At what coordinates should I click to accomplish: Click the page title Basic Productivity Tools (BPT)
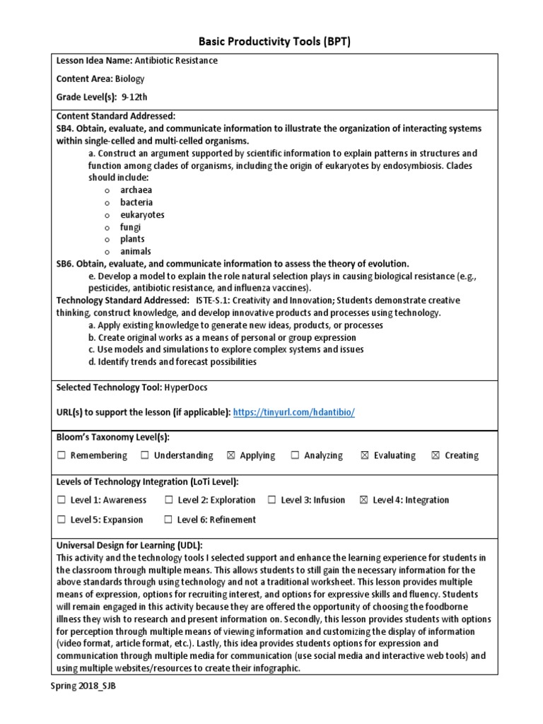coord(271,42)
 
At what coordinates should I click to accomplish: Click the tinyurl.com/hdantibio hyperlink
coord(293,412)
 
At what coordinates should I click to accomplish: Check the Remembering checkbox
coord(62,456)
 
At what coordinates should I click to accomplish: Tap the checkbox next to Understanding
coord(145,456)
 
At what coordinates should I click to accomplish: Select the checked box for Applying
coord(231,456)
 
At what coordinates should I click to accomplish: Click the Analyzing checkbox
coord(295,456)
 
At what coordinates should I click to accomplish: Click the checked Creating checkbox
coord(436,456)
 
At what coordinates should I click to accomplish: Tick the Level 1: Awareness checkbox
coord(62,501)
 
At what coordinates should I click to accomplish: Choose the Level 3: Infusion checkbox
coord(271,501)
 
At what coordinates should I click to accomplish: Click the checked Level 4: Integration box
coord(364,501)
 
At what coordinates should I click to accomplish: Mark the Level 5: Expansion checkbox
coord(62,520)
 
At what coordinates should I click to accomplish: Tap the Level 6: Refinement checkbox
coord(168,520)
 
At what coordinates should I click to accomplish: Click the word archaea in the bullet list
coord(136,190)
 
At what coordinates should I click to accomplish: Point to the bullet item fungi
coord(130,227)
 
